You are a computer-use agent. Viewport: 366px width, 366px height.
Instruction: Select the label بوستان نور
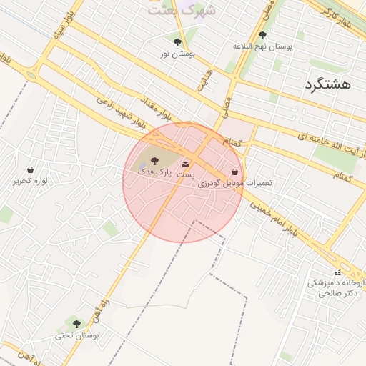point(177,54)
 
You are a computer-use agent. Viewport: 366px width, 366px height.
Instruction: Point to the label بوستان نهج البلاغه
point(263,46)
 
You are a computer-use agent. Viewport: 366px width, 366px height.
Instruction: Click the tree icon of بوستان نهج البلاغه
point(262,34)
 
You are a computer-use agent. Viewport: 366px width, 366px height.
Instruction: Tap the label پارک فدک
point(155,173)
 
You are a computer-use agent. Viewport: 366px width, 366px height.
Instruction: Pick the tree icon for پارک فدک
point(155,162)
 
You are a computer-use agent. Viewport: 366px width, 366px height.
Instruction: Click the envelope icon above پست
point(186,164)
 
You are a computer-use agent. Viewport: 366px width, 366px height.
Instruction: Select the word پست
point(186,175)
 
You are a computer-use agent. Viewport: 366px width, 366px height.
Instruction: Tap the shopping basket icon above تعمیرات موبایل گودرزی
point(235,172)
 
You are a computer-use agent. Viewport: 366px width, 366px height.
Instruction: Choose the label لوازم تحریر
point(30,181)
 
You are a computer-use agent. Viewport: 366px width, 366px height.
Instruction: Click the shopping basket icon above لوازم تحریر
point(30,169)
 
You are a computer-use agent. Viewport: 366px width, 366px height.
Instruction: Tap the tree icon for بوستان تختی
point(76,324)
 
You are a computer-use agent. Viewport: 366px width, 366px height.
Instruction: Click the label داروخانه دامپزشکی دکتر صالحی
point(336,287)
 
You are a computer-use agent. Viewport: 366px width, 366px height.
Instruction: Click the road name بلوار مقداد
point(156,106)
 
